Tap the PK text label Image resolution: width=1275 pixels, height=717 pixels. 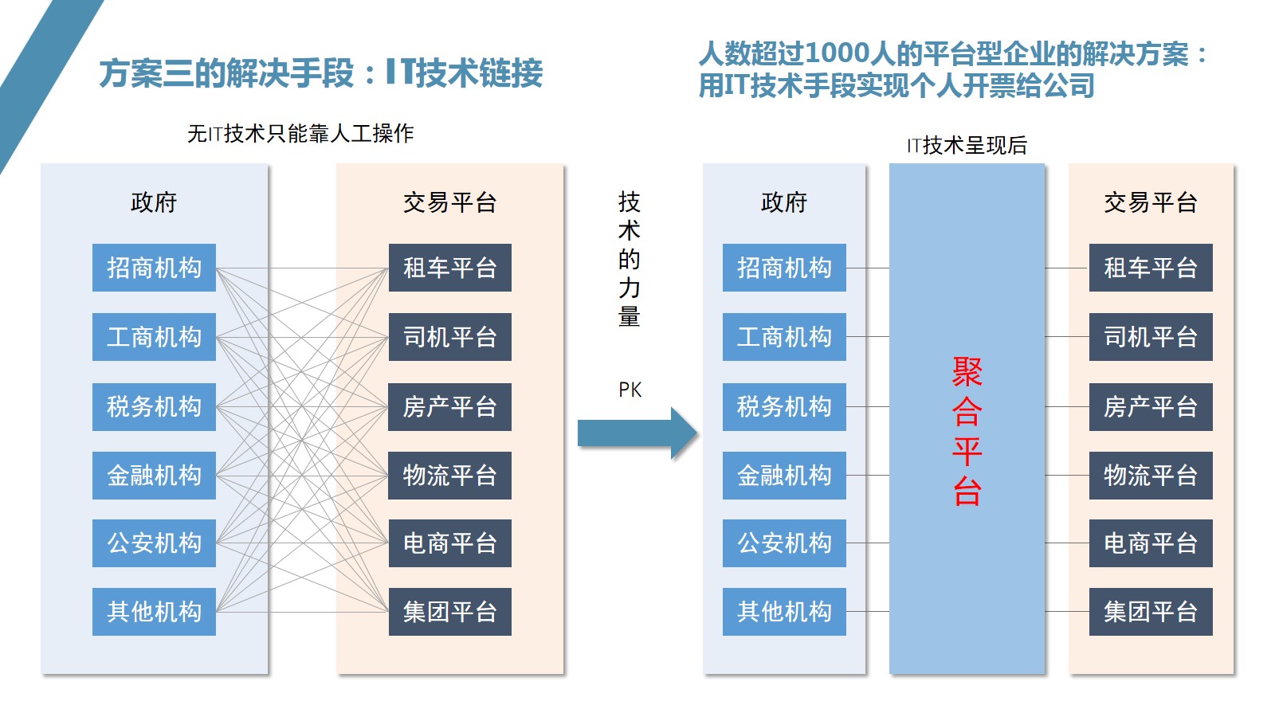[x=630, y=390]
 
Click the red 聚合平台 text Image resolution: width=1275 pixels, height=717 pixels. [x=967, y=432]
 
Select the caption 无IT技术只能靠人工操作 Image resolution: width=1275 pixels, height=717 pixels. [x=300, y=133]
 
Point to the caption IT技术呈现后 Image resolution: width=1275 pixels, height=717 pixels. [x=967, y=145]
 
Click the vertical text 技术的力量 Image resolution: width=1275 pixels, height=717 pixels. [x=629, y=260]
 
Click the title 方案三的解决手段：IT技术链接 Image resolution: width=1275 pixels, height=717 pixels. [x=321, y=73]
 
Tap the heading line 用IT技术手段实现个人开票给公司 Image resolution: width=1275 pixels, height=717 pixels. [x=896, y=85]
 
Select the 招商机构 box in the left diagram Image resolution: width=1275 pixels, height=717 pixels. [x=154, y=268]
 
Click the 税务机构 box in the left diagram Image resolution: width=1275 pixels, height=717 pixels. [x=154, y=406]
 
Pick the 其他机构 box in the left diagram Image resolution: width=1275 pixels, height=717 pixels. [x=154, y=612]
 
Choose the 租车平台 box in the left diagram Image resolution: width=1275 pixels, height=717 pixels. [x=449, y=268]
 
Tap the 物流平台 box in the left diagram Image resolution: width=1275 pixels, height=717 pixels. [x=449, y=476]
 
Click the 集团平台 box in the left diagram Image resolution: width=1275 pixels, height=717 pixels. [x=449, y=612]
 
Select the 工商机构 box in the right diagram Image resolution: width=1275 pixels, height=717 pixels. [x=784, y=337]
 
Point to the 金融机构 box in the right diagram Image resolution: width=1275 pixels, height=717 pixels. [x=784, y=476]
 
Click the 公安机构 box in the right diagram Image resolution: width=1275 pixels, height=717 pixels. [x=784, y=543]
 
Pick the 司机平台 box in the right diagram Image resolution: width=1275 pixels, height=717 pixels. [x=1150, y=337]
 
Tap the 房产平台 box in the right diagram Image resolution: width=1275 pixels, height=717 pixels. [x=1150, y=406]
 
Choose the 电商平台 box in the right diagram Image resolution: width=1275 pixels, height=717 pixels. [x=1150, y=543]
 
